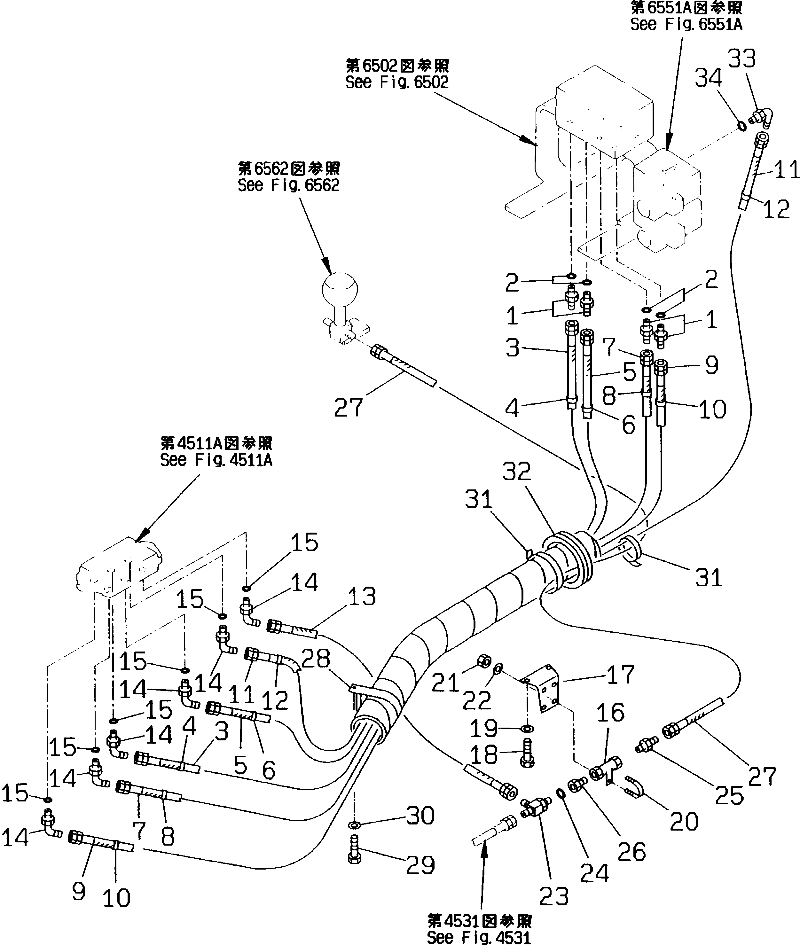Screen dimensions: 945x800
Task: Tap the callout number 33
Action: point(741,59)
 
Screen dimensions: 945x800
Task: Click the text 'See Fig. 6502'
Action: point(397,82)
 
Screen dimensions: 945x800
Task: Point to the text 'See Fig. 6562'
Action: point(288,185)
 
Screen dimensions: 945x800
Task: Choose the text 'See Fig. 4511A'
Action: point(216,460)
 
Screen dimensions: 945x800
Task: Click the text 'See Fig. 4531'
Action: point(479,937)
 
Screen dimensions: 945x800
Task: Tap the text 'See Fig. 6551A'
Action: point(686,24)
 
